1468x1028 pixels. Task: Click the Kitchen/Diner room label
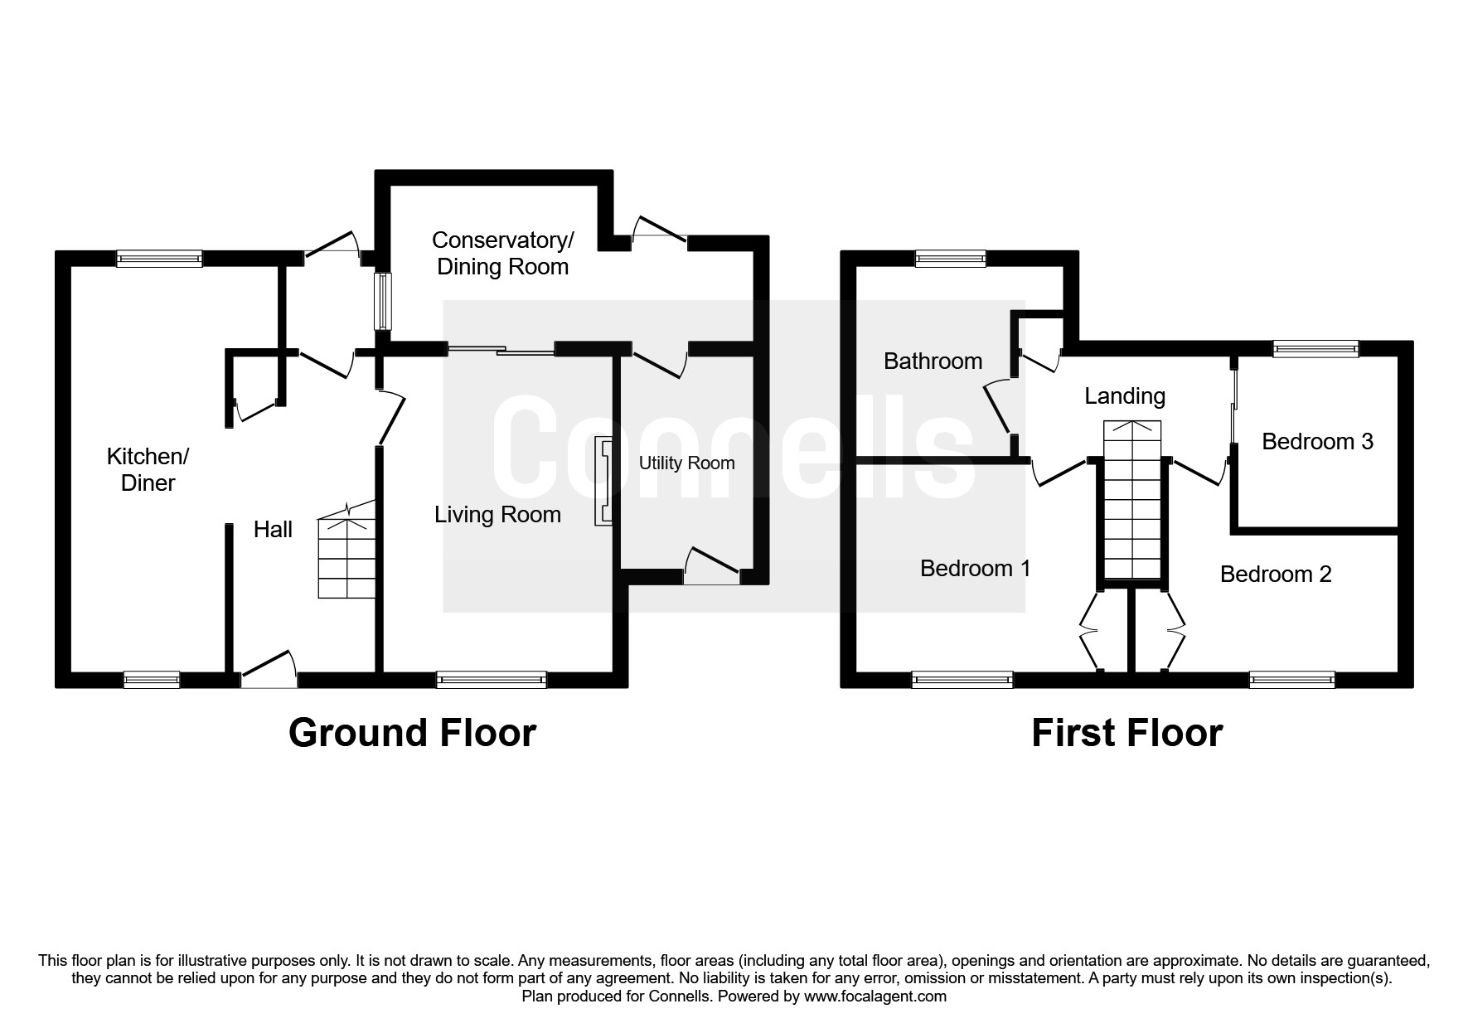148,469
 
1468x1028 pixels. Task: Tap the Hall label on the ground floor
273,529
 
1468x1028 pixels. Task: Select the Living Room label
497,515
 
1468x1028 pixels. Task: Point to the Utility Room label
686,463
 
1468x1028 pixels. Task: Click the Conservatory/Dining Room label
502,253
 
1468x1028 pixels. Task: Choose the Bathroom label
933,361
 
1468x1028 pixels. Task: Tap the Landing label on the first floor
1125,396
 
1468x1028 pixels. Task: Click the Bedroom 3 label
1317,441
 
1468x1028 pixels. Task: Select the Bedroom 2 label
1276,574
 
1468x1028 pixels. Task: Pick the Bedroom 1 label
976,568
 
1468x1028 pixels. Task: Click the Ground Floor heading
412,733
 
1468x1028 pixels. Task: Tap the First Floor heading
1126,733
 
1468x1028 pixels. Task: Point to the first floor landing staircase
1132,500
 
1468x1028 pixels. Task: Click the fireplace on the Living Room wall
603,482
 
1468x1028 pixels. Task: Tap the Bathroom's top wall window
950,259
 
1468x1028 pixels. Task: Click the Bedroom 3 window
1315,349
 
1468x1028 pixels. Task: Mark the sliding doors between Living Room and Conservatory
501,350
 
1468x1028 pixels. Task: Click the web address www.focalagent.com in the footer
875,996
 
